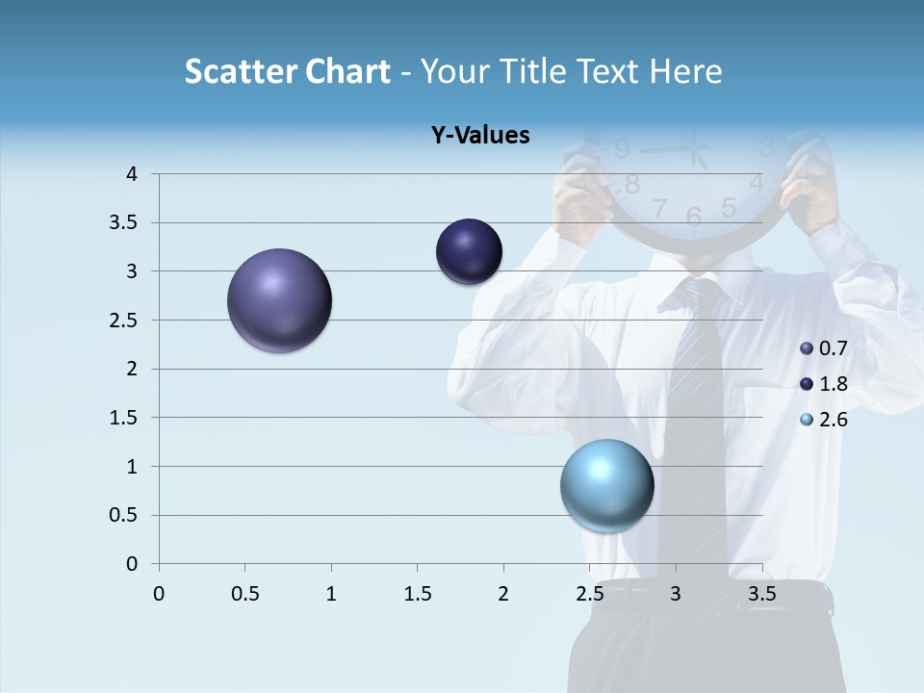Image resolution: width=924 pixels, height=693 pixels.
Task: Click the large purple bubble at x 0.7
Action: point(280,300)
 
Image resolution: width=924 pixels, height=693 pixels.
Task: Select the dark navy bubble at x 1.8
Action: point(469,252)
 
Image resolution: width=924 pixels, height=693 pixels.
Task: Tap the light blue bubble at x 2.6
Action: point(606,485)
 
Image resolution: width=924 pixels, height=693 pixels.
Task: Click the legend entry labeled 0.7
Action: point(824,348)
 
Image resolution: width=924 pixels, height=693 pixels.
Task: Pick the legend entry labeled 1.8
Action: point(824,384)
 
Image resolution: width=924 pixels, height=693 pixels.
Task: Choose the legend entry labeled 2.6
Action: point(824,420)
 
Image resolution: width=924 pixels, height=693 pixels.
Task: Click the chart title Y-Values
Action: point(479,136)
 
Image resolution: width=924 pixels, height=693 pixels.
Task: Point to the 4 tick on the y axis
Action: point(132,174)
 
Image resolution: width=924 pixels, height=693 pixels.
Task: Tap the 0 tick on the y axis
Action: point(132,564)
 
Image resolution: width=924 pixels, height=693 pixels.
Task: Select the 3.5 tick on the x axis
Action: point(761,594)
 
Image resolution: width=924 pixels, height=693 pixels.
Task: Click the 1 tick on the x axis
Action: point(331,594)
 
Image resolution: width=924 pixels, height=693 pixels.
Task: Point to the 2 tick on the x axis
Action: point(503,594)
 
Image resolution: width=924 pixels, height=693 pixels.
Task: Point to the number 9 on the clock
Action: point(621,149)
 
